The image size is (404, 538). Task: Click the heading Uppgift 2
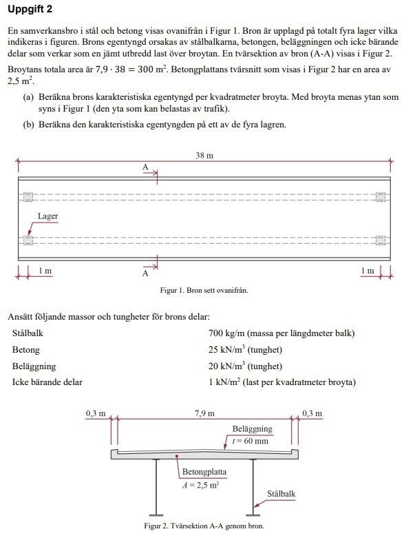[30, 9]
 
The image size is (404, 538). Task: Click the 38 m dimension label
[204, 156]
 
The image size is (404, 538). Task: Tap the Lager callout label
[47, 216]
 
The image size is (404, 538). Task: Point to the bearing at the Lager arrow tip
[28, 240]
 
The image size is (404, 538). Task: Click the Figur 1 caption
[204, 290]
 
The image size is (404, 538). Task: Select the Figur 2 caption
[204, 526]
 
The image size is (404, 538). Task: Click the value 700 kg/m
[226, 333]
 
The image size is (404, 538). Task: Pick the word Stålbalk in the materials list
[28, 333]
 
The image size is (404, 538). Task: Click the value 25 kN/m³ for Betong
[226, 350]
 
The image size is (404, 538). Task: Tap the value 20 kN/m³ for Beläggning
[226, 366]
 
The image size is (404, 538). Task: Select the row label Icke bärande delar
[47, 382]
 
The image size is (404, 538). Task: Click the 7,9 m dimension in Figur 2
[204, 413]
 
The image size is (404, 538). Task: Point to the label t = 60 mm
[250, 441]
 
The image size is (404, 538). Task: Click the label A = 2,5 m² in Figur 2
[200, 485]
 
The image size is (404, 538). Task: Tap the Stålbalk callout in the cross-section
[281, 494]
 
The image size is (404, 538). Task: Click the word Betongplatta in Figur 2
[204, 472]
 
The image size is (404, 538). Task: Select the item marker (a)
[28, 97]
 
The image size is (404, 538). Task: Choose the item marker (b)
[28, 125]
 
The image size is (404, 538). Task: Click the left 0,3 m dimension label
[96, 413]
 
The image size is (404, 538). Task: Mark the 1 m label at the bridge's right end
[368, 271]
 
